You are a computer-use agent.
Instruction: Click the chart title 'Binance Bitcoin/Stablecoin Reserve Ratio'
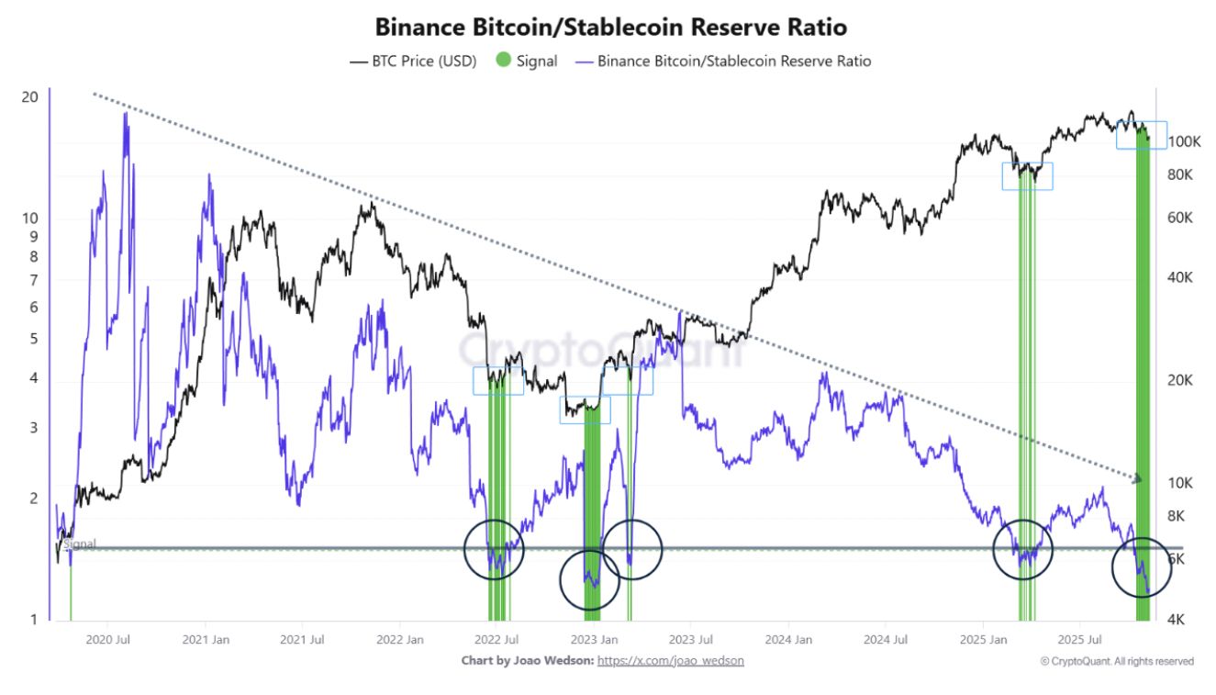[610, 26]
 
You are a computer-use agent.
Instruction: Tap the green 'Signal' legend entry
[527, 62]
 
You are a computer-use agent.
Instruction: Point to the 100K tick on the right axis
[1185, 142]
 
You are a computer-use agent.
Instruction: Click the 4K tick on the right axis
[1179, 620]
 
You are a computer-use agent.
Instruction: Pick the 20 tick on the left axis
[29, 96]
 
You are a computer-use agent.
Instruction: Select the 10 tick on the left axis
[29, 219]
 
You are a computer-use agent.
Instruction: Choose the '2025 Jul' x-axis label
[1080, 639]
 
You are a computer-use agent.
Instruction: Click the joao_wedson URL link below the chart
[670, 660]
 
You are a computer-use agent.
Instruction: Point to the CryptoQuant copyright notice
[1117, 660]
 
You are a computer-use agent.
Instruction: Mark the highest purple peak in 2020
[125, 118]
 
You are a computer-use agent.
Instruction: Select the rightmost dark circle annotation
[1142, 567]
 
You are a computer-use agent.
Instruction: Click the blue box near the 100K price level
[1142, 135]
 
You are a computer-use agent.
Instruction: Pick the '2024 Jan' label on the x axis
[789, 639]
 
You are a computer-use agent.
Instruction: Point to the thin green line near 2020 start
[71, 588]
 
